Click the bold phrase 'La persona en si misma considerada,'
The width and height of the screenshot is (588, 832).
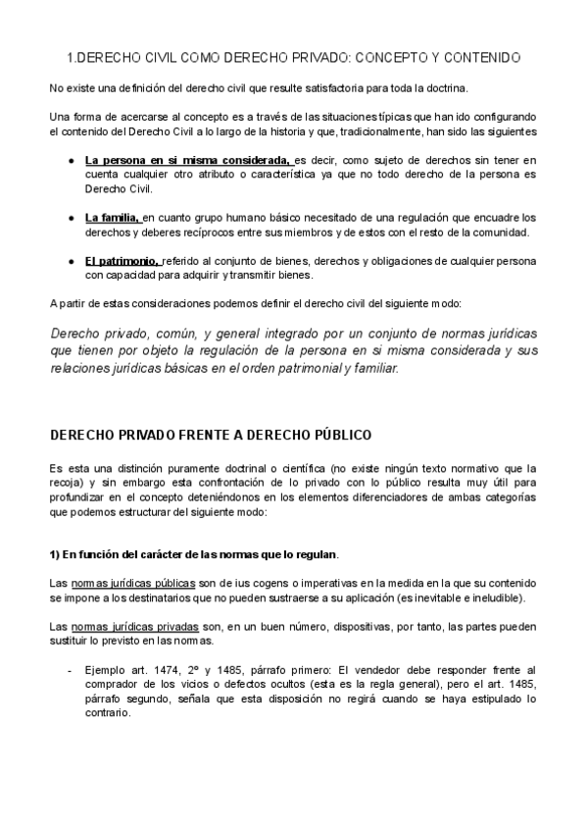[x=187, y=159]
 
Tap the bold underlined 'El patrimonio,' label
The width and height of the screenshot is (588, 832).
[x=122, y=260]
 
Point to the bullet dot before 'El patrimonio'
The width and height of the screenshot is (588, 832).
[x=72, y=260]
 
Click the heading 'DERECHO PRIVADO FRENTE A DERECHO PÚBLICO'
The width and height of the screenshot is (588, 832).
[x=211, y=434]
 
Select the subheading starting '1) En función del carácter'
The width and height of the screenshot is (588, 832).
[x=195, y=554]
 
